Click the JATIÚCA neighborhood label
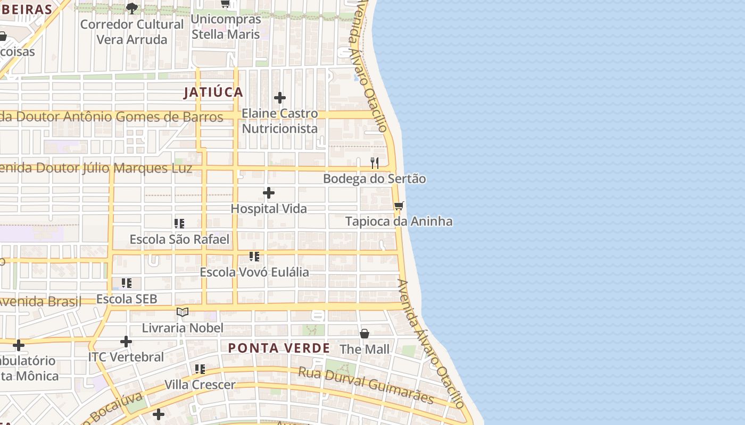pyautogui.click(x=213, y=92)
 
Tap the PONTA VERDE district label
pyautogui.click(x=279, y=348)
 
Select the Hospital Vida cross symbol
pyautogui.click(x=269, y=193)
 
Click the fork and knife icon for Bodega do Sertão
pyautogui.click(x=375, y=163)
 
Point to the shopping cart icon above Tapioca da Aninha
pyautogui.click(x=399, y=206)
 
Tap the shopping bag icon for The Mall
pyautogui.click(x=365, y=334)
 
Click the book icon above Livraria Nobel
pyautogui.click(x=183, y=312)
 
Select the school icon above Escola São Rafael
pyautogui.click(x=179, y=224)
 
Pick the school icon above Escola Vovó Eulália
pyautogui.click(x=254, y=257)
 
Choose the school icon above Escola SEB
pyautogui.click(x=127, y=283)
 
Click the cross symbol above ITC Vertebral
pyautogui.click(x=126, y=341)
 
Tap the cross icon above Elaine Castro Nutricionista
pyautogui.click(x=280, y=98)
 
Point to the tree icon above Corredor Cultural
pyautogui.click(x=131, y=8)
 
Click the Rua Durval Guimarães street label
pyautogui.click(x=366, y=385)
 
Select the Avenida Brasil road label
pyautogui.click(x=40, y=302)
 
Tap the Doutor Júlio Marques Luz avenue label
pyautogui.click(x=96, y=168)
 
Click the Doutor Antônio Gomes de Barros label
pyautogui.click(x=112, y=116)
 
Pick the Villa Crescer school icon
pyautogui.click(x=200, y=369)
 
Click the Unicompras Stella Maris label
pyautogui.click(x=226, y=27)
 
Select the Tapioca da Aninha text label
pyautogui.click(x=399, y=222)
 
